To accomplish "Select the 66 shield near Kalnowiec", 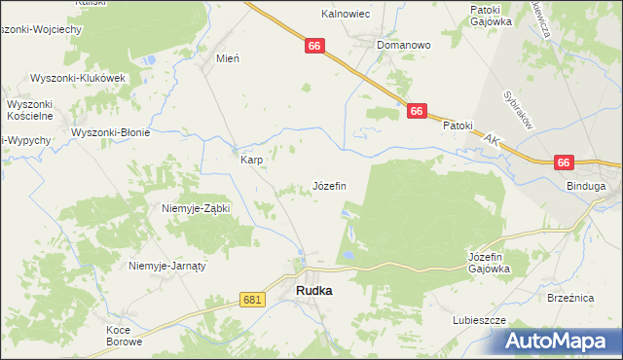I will [x=312, y=46].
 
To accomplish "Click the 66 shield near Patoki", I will [x=417, y=112].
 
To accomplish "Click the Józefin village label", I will [x=328, y=185].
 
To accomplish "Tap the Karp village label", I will [x=251, y=160].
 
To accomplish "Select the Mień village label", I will [x=228, y=58].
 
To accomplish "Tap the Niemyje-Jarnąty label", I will [x=169, y=265].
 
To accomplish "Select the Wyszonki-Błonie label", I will [x=109, y=132].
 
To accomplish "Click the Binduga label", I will [x=586, y=185].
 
